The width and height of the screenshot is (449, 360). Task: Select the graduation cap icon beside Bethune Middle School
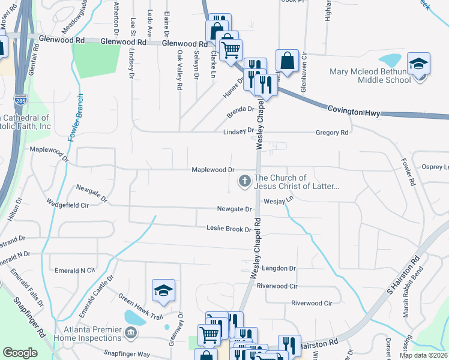click(418, 63)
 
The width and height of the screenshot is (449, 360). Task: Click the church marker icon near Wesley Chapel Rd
click(244, 180)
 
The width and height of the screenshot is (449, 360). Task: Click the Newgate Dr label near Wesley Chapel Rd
click(234, 209)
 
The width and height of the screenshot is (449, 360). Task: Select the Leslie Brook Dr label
click(229, 229)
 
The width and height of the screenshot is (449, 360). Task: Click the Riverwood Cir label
click(277, 286)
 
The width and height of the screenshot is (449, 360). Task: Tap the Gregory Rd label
click(332, 133)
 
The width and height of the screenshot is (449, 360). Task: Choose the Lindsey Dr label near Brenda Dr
click(238, 131)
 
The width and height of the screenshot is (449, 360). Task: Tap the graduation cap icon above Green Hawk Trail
click(163, 290)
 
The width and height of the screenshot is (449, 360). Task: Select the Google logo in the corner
click(20, 353)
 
